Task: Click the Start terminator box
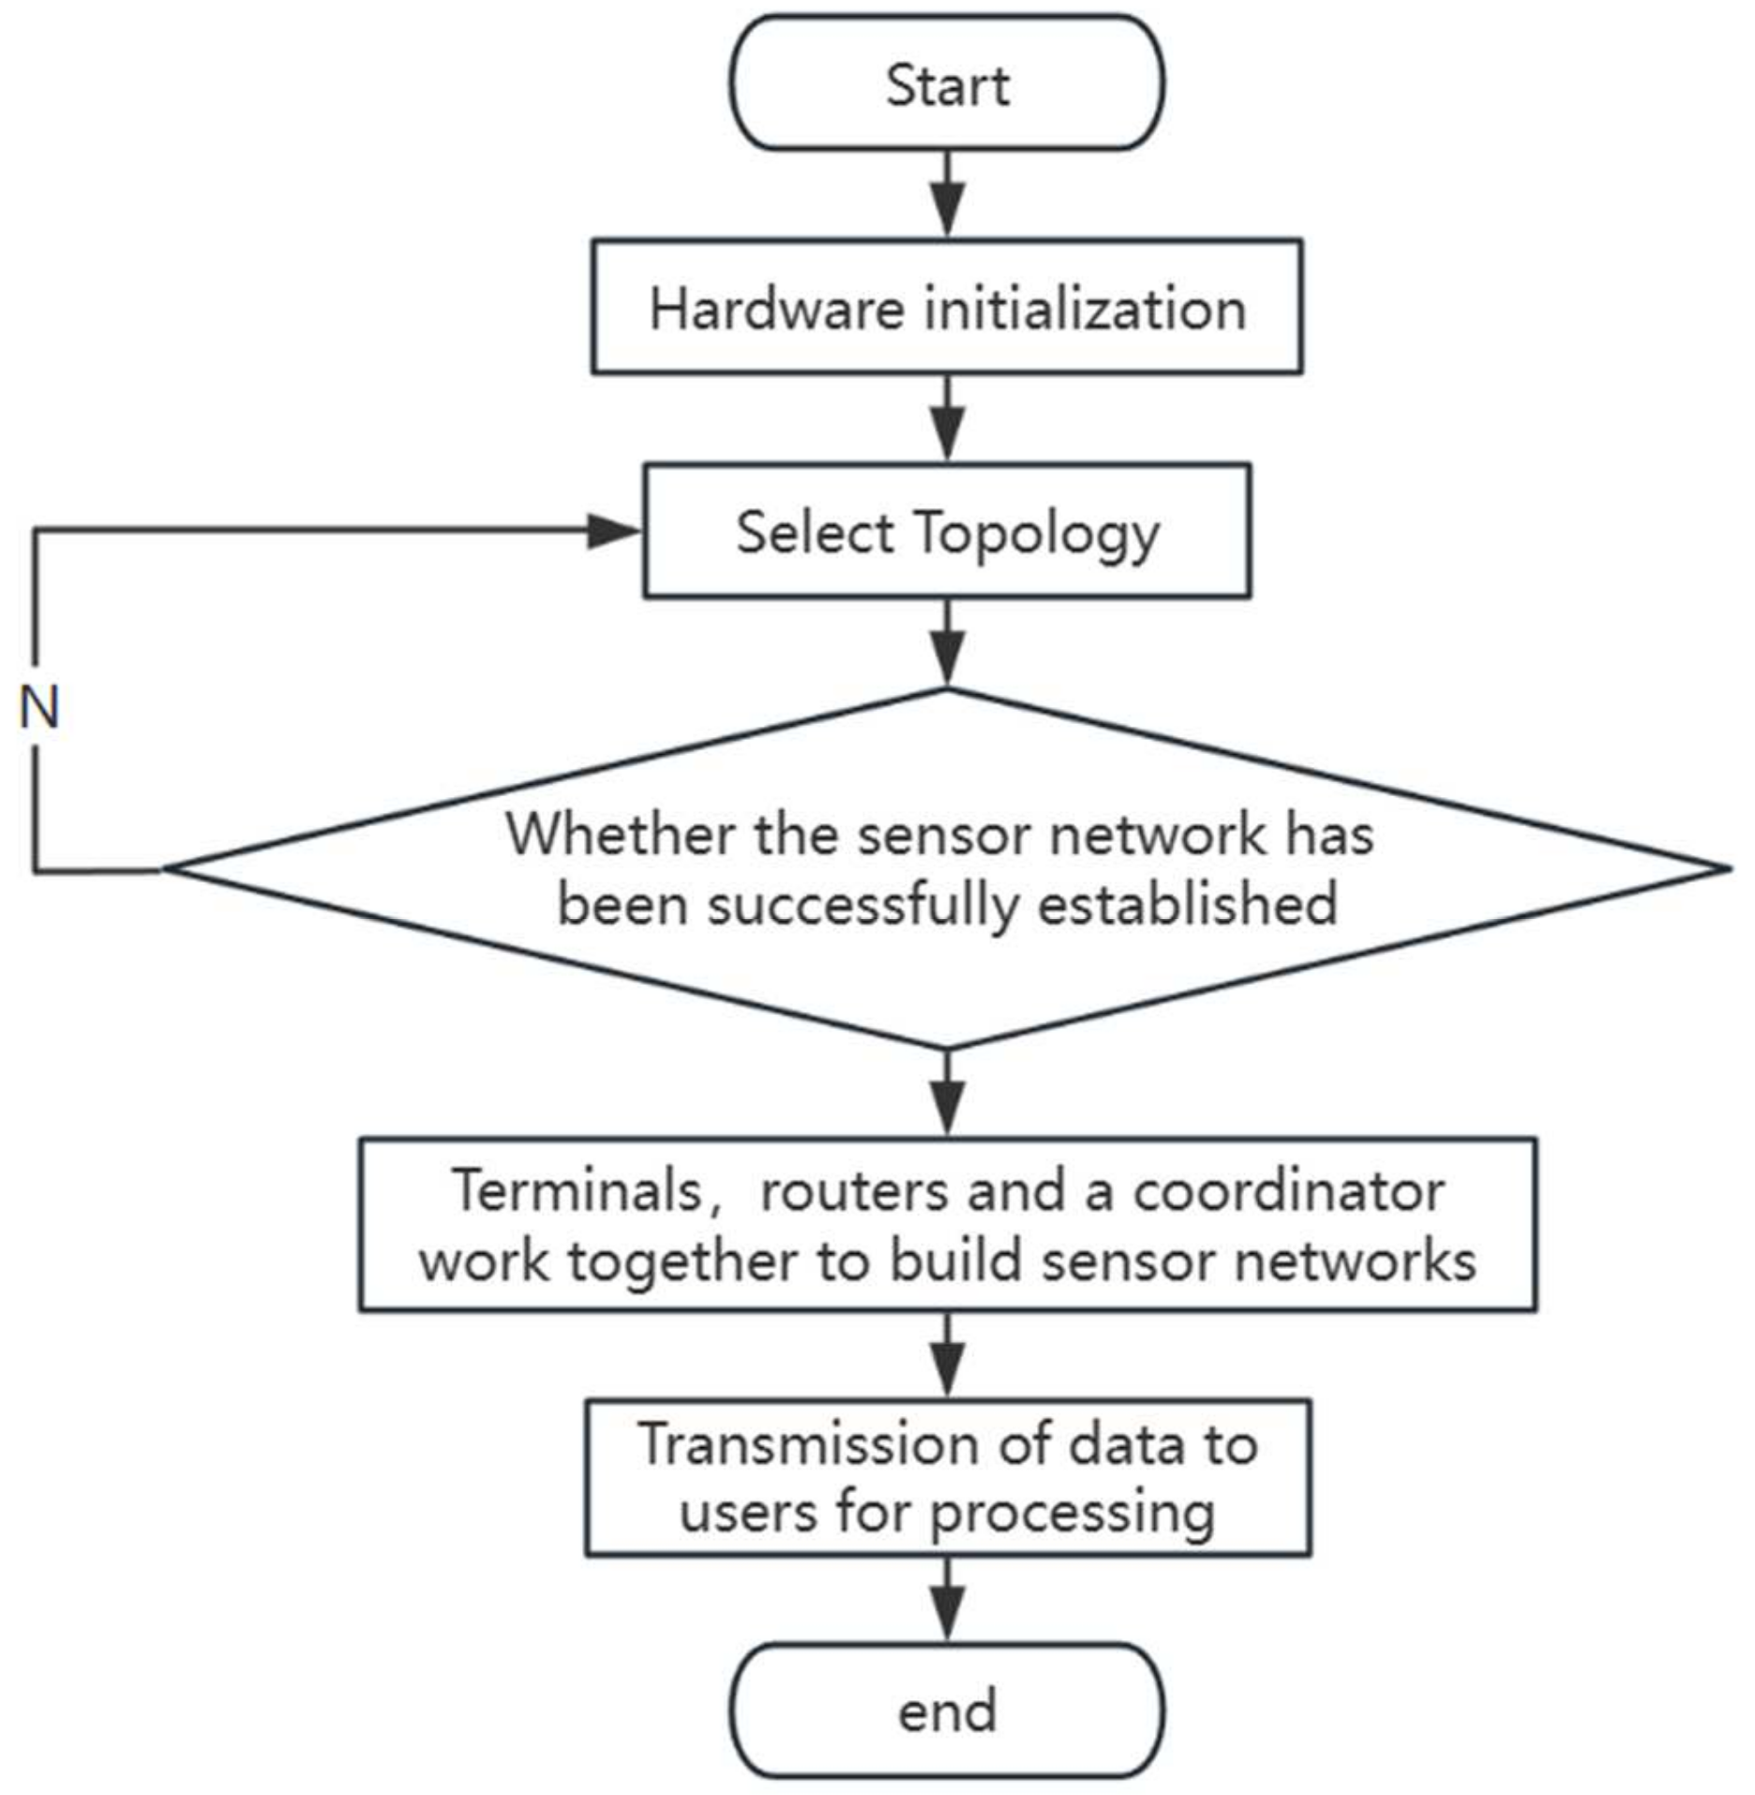point(947,83)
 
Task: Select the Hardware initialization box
point(947,307)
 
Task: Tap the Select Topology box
point(947,531)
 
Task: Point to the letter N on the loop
point(39,707)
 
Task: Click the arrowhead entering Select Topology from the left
point(614,532)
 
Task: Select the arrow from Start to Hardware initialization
point(948,197)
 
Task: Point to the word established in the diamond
point(1187,904)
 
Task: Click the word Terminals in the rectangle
point(577,1191)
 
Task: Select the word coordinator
point(1288,1191)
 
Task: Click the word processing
point(1072,1514)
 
